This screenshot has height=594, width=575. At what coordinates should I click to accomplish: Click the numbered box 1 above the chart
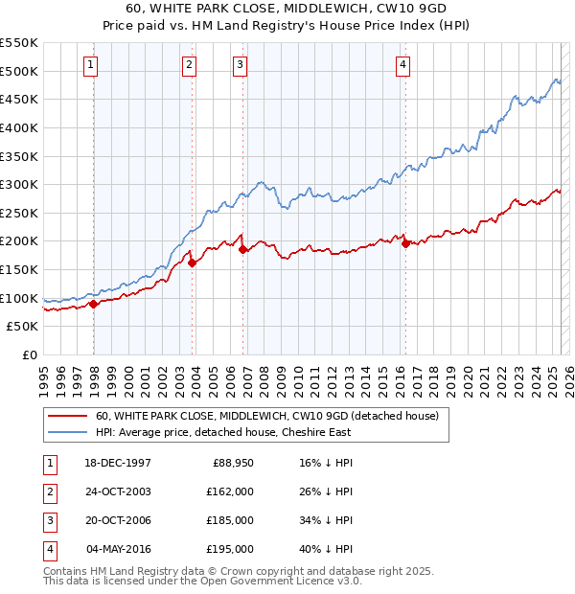point(89,65)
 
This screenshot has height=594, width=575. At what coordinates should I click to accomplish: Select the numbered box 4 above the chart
point(402,65)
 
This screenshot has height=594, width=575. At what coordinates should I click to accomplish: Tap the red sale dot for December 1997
point(94,305)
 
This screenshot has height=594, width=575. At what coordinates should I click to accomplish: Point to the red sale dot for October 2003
point(193,263)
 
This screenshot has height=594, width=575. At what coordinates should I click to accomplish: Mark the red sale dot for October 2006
point(243,250)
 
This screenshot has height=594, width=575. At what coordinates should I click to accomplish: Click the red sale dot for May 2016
point(405,244)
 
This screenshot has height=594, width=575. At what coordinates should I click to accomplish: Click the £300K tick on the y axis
point(20,184)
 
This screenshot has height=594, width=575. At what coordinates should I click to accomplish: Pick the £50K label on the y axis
point(24,327)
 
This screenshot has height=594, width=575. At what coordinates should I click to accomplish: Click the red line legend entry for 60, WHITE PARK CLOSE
point(266,416)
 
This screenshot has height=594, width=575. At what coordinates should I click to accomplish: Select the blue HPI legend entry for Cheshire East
point(223,432)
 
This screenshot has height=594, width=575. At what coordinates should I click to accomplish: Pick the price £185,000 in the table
point(230,521)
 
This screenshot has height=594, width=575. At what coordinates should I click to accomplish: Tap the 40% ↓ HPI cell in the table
point(325,550)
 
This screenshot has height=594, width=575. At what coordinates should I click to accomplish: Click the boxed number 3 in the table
point(48,521)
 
